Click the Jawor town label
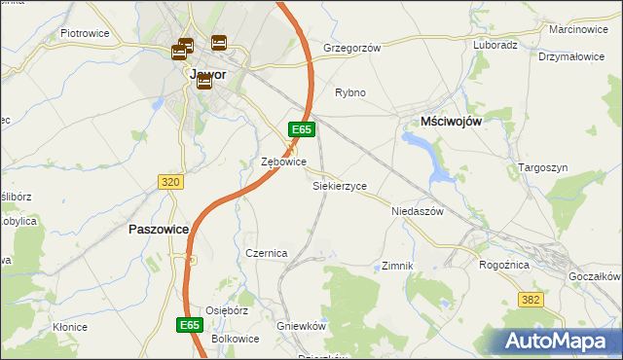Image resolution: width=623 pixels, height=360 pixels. click(207, 73)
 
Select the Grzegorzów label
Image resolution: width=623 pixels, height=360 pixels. click(351, 47)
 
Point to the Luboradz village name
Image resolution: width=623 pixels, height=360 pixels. click(495, 45)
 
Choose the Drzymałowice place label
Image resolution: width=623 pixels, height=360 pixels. click(571, 56)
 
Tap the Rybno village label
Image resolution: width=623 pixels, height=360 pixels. click(349, 93)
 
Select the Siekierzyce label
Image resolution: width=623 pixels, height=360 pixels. click(340, 185)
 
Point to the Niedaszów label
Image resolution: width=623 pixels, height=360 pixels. click(417, 210)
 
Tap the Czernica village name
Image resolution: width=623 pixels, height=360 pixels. click(266, 253)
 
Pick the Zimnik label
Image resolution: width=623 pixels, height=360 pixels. click(398, 266)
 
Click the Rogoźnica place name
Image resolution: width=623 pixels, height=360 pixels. click(504, 264)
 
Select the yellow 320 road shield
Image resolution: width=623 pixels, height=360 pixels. click(170, 181)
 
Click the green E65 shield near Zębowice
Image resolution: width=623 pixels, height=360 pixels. click(301, 129)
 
